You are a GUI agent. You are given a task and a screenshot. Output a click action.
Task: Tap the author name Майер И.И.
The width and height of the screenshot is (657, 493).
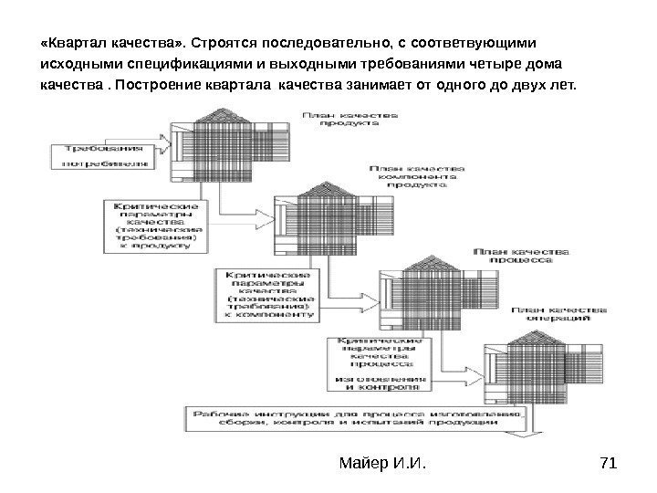pyautogui.click(x=382, y=467)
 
